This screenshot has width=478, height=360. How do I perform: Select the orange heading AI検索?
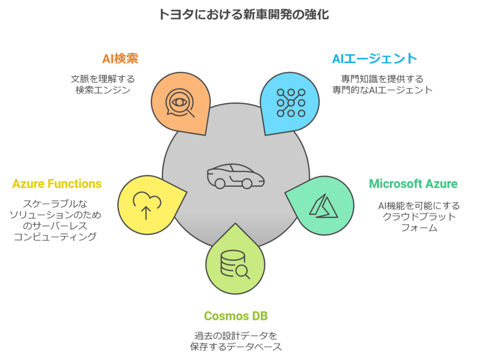pos(120,59)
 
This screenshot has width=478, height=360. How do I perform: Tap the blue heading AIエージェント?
pos(374,59)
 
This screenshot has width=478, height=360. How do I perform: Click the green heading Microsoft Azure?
pos(413,183)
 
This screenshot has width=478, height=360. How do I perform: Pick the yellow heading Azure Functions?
pos(57,184)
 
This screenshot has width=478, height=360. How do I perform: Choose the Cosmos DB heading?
pos(236,316)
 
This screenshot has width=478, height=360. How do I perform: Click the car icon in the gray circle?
pos(236,176)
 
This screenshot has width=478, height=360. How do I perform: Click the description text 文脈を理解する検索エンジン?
pos(103,84)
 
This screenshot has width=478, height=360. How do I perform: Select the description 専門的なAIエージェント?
pos(382,90)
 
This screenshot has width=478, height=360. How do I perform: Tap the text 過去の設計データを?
pos(236,335)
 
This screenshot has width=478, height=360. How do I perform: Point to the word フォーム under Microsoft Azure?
pos(419,228)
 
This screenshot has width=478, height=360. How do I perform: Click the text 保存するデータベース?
pos(236,346)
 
